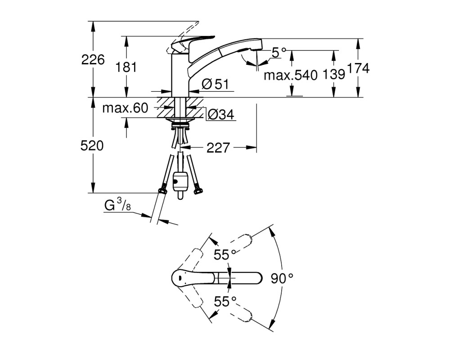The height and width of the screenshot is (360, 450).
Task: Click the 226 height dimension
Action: click(x=93, y=60)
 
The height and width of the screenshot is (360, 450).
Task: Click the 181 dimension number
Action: click(x=126, y=67)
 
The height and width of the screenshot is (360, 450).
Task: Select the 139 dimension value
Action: click(x=334, y=74)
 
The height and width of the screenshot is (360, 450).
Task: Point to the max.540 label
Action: click(x=291, y=75)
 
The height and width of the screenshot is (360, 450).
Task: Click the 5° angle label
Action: click(x=279, y=53)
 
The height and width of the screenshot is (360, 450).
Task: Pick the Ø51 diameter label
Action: click(x=215, y=84)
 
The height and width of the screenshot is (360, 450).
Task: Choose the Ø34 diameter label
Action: click(x=220, y=115)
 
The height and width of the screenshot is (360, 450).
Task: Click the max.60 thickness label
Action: click(x=125, y=108)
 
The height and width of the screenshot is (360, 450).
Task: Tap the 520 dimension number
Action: click(x=92, y=146)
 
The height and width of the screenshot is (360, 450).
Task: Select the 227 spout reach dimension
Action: click(x=218, y=148)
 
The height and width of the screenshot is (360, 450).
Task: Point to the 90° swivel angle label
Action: click(x=282, y=278)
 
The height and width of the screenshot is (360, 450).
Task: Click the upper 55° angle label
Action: click(x=225, y=255)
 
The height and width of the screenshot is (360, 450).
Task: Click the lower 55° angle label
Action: click(x=225, y=301)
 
